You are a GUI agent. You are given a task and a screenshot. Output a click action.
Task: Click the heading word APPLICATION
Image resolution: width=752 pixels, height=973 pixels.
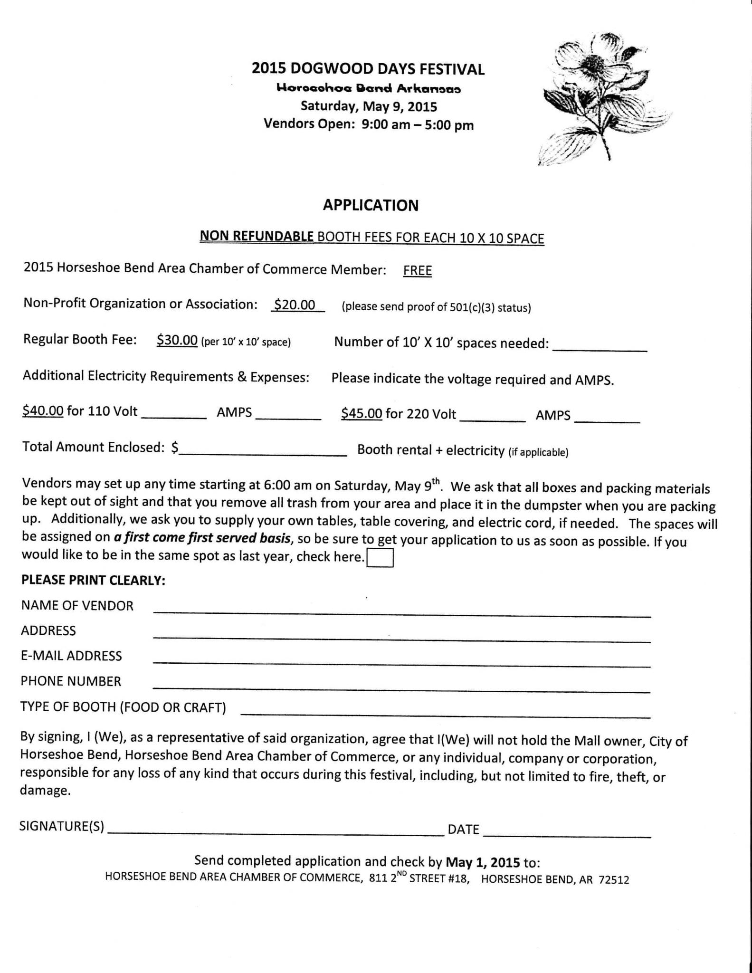tap(371, 205)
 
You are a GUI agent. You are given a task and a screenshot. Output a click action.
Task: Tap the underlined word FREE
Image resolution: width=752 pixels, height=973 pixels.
tap(417, 271)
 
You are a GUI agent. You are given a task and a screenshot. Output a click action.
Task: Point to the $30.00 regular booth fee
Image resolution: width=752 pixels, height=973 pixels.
tap(177, 340)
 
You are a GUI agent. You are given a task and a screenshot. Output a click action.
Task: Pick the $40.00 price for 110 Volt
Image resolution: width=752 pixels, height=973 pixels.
tap(43, 411)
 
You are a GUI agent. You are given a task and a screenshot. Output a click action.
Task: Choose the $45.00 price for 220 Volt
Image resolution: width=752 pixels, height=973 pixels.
tap(361, 414)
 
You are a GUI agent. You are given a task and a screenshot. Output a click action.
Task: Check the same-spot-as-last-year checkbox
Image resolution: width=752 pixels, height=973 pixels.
tap(380, 558)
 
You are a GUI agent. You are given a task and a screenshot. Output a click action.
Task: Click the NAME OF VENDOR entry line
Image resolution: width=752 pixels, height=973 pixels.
tap(401, 613)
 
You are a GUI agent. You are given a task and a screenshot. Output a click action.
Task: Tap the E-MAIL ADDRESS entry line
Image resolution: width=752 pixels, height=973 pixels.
tap(401, 663)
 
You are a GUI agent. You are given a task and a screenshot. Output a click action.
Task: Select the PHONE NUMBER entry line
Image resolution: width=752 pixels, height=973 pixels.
tap(401, 688)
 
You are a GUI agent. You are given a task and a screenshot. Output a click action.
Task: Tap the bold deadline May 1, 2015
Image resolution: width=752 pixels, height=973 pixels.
tap(482, 862)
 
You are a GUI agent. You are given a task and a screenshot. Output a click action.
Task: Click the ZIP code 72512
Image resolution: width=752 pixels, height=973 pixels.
tap(613, 880)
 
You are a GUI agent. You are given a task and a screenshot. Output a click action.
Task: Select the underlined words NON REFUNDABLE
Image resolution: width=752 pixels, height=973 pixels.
tap(257, 236)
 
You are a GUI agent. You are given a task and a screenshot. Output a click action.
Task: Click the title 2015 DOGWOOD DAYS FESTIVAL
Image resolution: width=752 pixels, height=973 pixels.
tap(368, 69)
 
